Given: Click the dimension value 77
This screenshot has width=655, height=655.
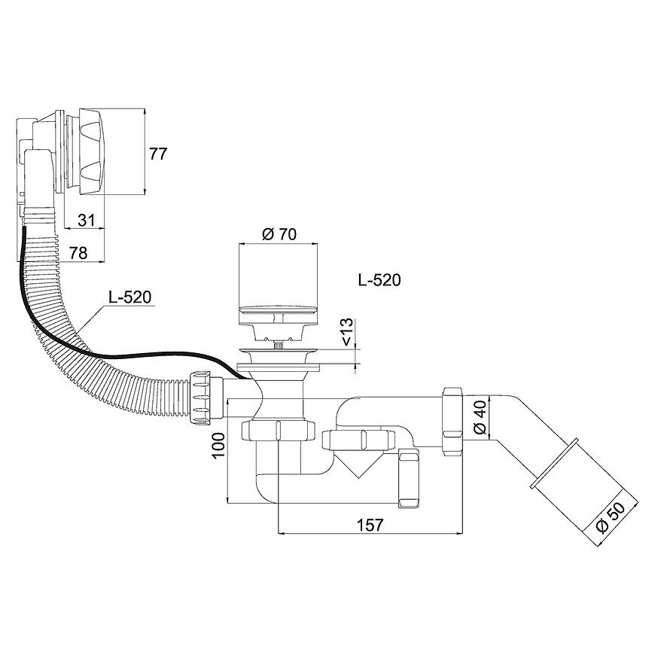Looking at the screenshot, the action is tap(158, 154).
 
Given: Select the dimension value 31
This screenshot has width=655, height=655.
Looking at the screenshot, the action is tap(86, 220).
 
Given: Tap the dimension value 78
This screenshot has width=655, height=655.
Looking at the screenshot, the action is tap(78, 253).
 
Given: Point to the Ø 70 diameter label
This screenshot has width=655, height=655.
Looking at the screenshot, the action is tap(279, 234).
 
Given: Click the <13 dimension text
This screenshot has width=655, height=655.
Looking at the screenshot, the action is tap(348, 332).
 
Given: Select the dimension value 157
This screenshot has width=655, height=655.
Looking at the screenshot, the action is tap(370, 525).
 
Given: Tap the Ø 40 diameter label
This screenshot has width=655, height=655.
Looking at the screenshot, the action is tap(480, 417).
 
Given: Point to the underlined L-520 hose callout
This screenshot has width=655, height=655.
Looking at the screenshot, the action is tap(130, 297).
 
